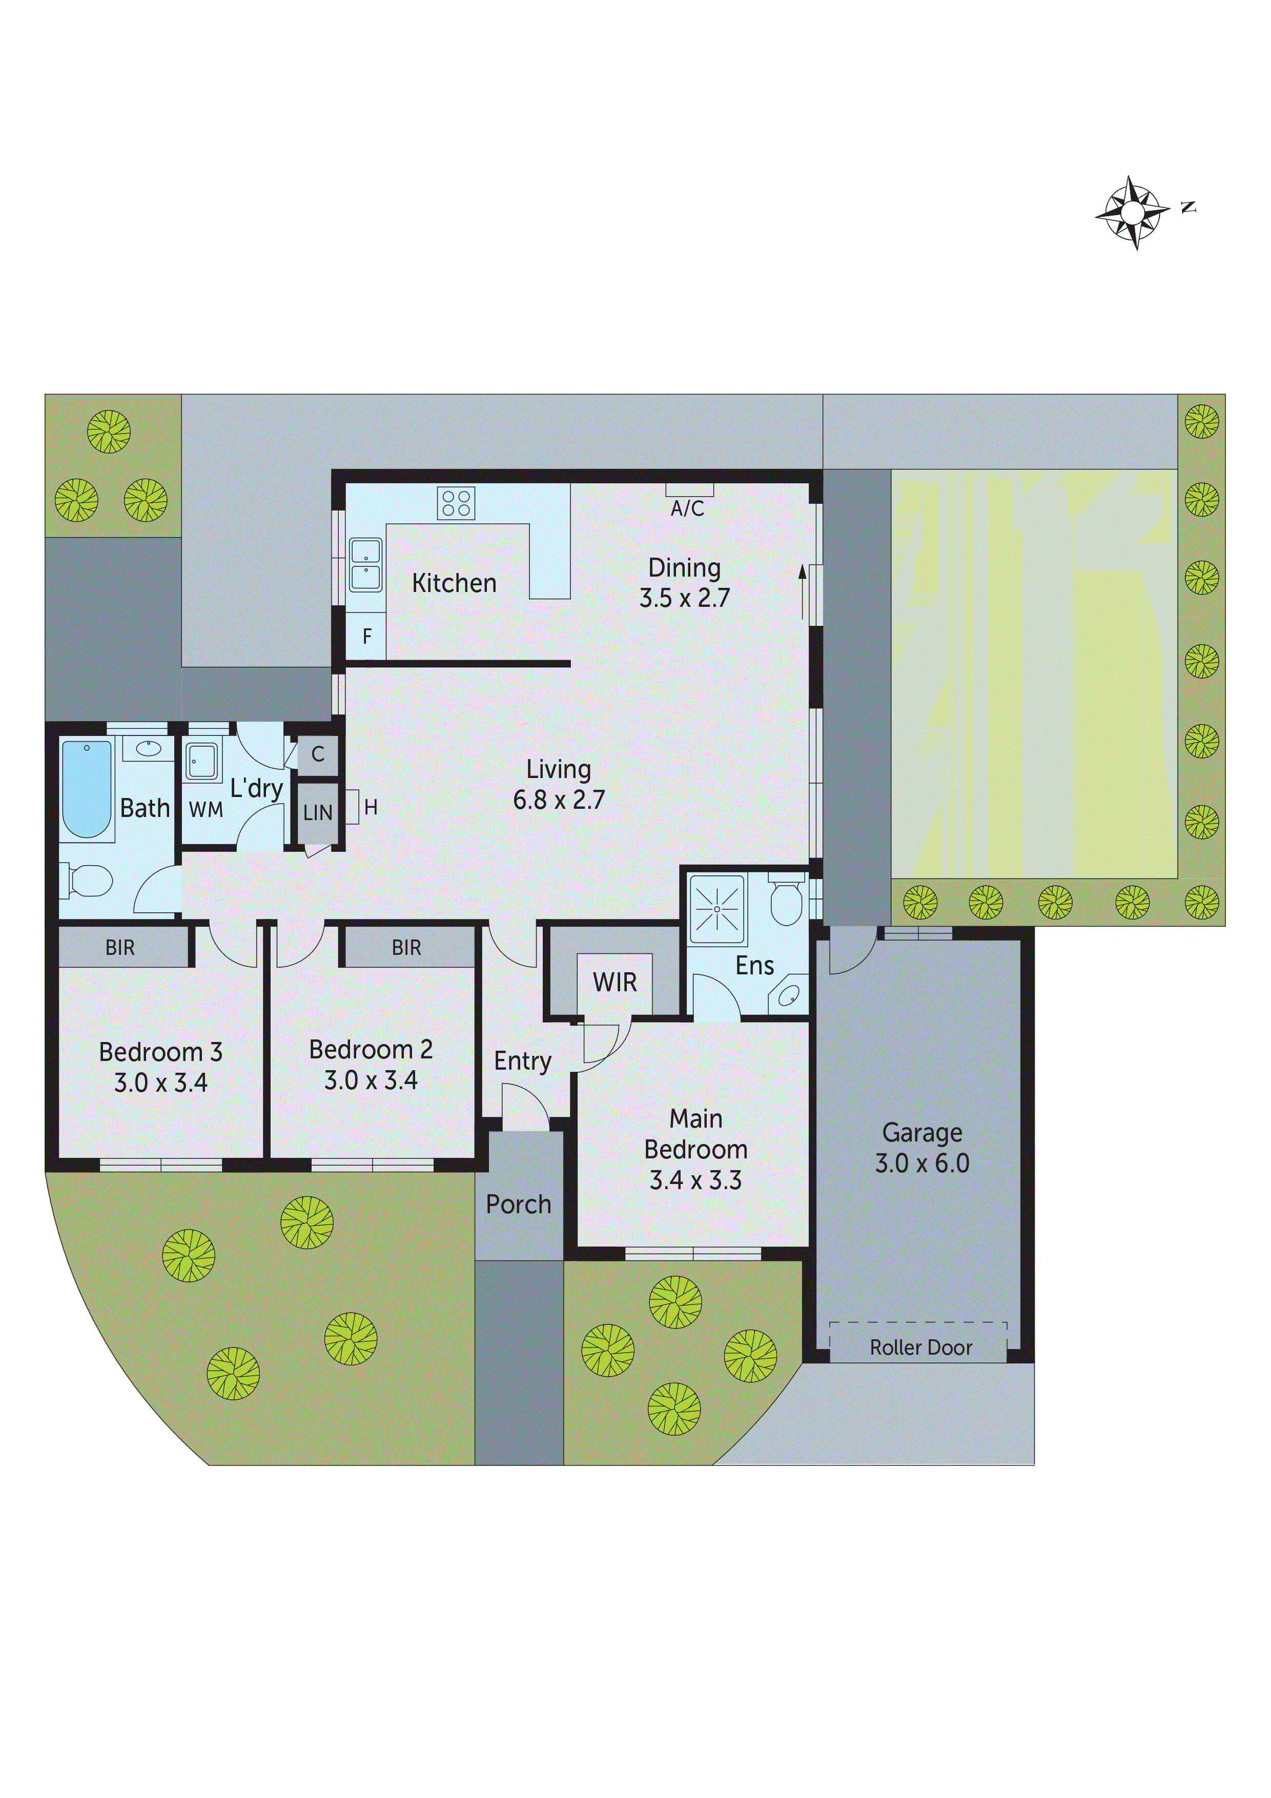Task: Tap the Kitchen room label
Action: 454,583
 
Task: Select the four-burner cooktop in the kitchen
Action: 456,503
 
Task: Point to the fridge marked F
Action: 366,637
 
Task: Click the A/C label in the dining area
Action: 688,509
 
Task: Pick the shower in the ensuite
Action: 716,909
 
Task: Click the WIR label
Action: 615,982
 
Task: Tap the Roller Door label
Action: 921,1347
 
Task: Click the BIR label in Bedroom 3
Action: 120,948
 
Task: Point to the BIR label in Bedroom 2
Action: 406,948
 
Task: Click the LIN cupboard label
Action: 318,813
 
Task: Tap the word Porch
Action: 519,1204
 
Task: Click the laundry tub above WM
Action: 202,761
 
